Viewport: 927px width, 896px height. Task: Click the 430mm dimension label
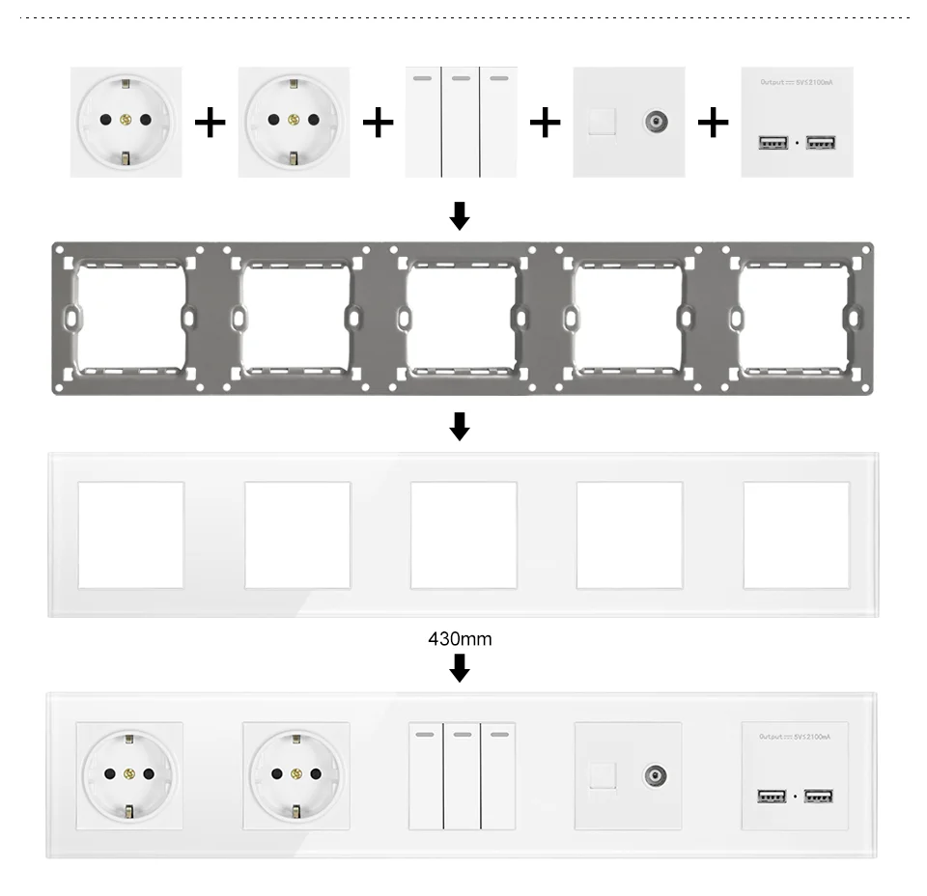click(460, 639)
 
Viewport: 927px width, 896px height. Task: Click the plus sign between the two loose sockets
click(211, 122)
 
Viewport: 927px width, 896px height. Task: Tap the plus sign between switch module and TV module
click(546, 122)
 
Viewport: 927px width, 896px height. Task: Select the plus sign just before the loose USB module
click(714, 122)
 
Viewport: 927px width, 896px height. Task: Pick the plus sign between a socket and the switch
click(378, 122)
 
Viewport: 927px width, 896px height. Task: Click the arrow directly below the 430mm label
click(460, 667)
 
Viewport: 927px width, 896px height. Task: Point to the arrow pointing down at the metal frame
click(460, 215)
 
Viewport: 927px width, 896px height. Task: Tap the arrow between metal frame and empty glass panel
click(460, 426)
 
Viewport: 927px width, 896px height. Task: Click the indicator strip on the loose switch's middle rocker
click(461, 78)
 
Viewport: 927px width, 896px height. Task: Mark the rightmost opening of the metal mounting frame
click(794, 319)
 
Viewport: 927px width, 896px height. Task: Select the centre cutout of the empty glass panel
click(463, 535)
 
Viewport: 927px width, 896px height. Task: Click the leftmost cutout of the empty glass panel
click(130, 535)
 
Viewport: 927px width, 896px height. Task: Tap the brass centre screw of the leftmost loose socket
click(126, 120)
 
